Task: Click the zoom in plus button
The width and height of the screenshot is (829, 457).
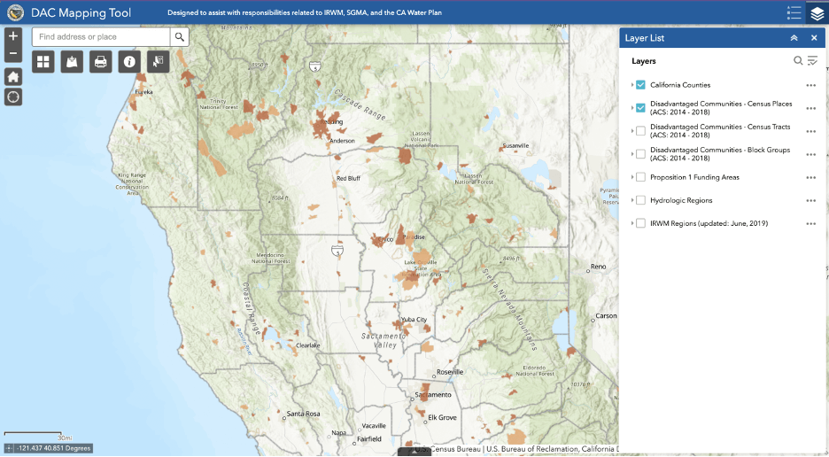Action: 13,36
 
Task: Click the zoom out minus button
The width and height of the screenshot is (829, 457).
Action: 13,53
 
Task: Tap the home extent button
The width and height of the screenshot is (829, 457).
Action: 13,75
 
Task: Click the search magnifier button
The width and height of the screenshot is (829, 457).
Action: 179,37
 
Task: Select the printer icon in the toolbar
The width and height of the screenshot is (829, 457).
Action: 100,62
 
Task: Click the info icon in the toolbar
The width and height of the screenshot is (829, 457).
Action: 129,62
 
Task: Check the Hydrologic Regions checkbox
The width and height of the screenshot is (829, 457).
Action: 640,200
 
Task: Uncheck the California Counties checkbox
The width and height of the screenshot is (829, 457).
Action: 640,85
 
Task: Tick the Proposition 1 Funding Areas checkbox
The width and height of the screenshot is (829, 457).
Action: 640,177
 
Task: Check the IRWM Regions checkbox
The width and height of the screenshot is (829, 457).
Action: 640,223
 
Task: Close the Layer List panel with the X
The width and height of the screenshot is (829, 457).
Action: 814,38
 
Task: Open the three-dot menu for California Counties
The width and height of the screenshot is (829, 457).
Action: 810,85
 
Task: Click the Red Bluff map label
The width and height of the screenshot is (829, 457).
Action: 348,178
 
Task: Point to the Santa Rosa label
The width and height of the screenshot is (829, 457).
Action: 303,414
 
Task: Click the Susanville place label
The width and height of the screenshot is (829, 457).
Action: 515,145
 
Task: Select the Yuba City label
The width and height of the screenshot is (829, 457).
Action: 414,320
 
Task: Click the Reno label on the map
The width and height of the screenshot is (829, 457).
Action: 599,267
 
